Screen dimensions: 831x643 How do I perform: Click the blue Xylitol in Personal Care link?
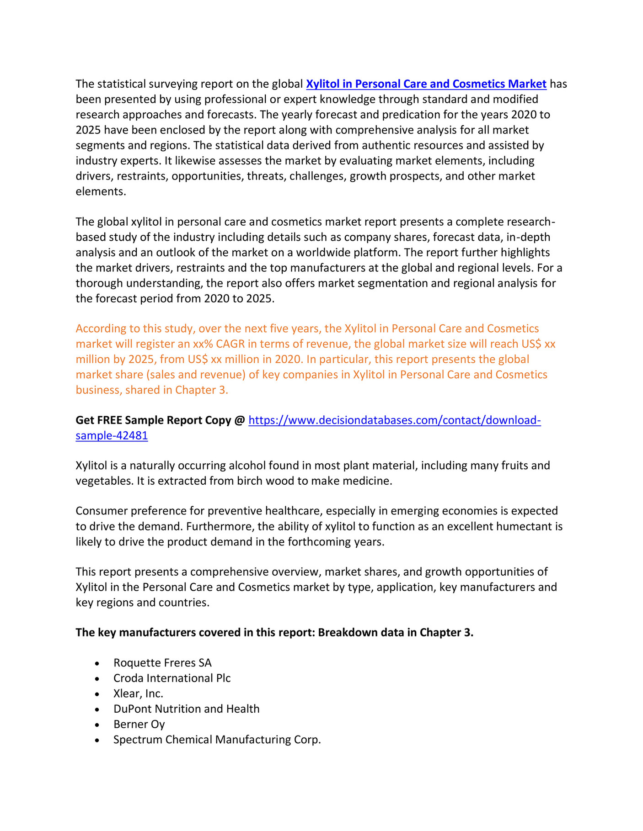(426, 84)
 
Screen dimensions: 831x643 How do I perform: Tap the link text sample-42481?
(112, 436)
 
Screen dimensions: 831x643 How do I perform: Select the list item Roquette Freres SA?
(162, 663)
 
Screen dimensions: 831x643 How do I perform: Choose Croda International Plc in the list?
(172, 678)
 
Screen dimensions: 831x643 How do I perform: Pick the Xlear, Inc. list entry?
(138, 693)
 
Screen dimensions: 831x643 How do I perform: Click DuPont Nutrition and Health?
(186, 709)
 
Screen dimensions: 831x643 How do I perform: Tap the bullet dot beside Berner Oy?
(97, 725)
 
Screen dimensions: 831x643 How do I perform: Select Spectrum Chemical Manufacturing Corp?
(217, 740)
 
